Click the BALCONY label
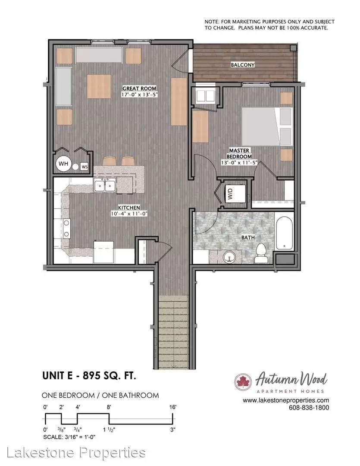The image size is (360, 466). pyautogui.click(x=243, y=65)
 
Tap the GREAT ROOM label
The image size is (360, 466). pyautogui.click(x=139, y=88)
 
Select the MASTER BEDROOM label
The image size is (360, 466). pyautogui.click(x=239, y=153)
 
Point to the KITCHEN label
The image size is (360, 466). pyautogui.click(x=129, y=208)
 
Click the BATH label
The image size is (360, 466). pyautogui.click(x=248, y=237)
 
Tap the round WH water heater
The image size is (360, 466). pyautogui.click(x=63, y=164)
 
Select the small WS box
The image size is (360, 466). pyautogui.click(x=85, y=167)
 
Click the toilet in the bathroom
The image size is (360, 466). pyautogui.click(x=261, y=253)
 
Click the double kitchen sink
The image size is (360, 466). pyautogui.click(x=105, y=186)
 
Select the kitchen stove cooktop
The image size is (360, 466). pyautogui.click(x=66, y=228)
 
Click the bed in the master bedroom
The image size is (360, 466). pyautogui.click(x=267, y=126)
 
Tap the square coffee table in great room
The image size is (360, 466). pyautogui.click(x=99, y=86)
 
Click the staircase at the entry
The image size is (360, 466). pyautogui.click(x=173, y=332)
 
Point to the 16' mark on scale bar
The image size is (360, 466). pyautogui.click(x=173, y=407)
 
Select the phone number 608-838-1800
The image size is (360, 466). pyautogui.click(x=309, y=408)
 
